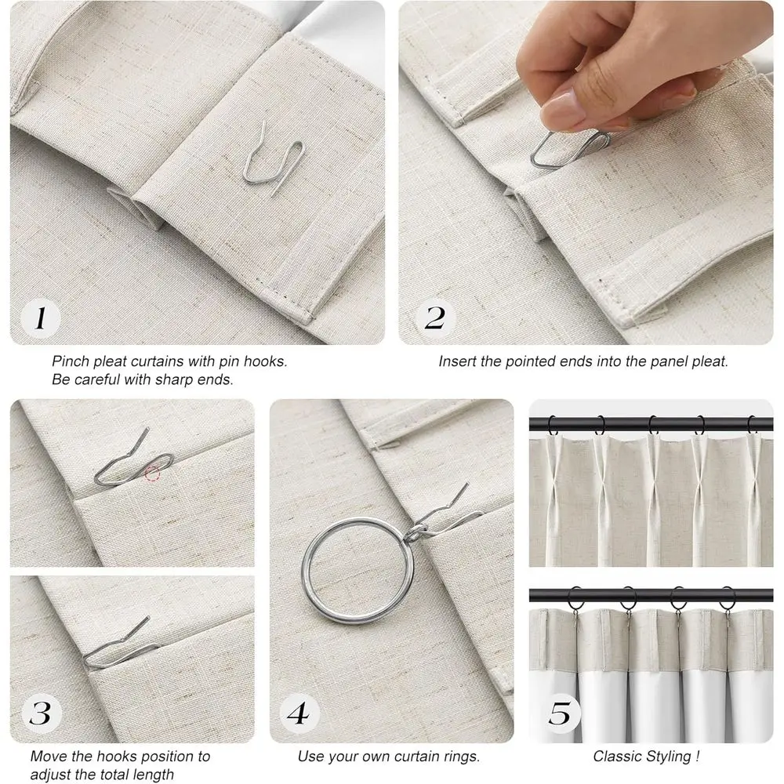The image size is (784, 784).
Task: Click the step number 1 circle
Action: [42, 318]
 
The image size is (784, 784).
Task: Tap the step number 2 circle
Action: [434, 318]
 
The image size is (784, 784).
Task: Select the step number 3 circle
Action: [40, 714]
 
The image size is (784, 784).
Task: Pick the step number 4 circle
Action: [299, 714]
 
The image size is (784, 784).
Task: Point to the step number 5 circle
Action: [560, 714]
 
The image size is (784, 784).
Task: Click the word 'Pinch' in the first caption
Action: [72, 362]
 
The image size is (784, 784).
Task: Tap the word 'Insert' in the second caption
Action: [457, 362]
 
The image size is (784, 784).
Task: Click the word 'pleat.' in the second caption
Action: [710, 362]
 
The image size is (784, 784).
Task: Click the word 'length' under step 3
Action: [153, 775]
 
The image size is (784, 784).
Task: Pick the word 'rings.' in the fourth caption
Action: [462, 757]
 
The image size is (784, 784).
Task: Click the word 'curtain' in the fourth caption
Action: [416, 757]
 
